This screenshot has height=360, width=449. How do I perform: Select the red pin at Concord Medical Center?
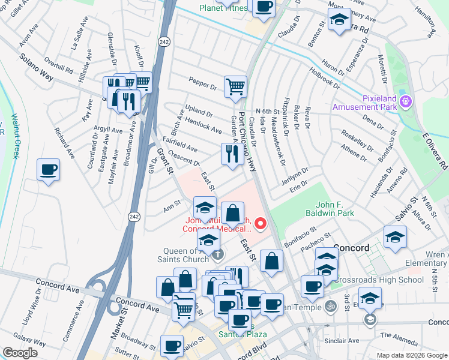[261, 224]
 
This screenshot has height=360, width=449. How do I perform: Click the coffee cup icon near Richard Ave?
[48, 170]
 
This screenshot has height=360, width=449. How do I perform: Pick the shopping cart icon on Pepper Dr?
[235, 86]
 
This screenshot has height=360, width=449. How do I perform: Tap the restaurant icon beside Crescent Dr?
[232, 154]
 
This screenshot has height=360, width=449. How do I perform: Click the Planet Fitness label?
[223, 8]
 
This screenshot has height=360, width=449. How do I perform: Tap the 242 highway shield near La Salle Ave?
[163, 41]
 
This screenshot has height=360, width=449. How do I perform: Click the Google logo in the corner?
[20, 353]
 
